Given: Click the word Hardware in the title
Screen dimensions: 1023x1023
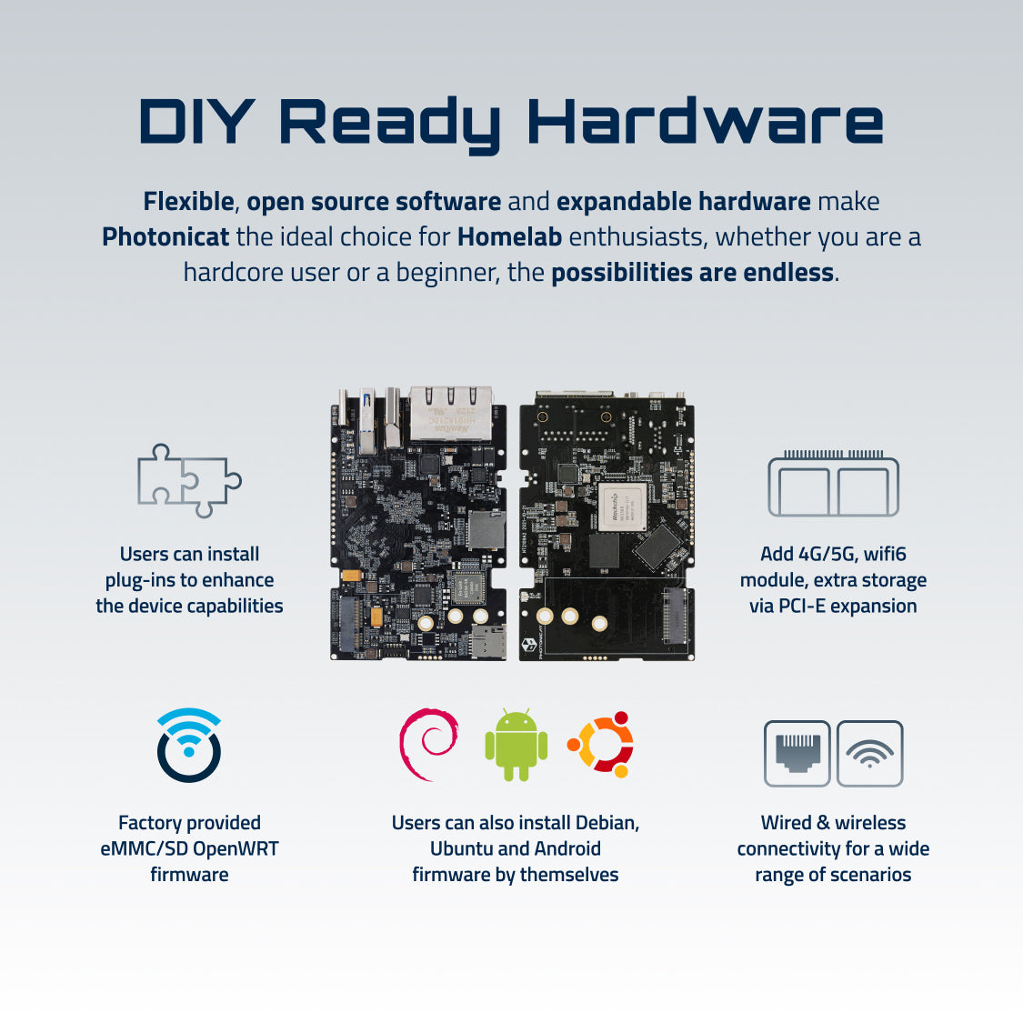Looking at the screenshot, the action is tap(706, 121).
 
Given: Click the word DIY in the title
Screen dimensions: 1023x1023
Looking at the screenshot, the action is tap(196, 121).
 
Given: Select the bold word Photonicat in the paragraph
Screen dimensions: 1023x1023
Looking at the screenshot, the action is tap(165, 236).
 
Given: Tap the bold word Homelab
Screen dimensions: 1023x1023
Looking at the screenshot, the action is tap(509, 236).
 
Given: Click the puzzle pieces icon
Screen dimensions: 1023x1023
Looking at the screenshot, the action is tap(189, 480).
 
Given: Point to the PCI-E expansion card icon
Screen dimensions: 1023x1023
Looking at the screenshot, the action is tap(833, 484).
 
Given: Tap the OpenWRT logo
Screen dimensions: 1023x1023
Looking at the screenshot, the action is tap(189, 745).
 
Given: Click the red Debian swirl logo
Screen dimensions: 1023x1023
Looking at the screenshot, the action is tap(428, 745).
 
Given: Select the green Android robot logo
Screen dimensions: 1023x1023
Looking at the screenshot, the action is tap(517, 745).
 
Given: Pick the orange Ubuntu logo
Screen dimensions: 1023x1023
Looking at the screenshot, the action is tap(601, 745).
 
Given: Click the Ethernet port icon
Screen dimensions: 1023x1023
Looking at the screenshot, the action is tap(797, 754).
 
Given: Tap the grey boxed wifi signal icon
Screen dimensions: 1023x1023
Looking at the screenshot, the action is tap(869, 754).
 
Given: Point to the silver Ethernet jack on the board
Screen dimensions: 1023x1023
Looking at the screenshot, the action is tap(450, 414).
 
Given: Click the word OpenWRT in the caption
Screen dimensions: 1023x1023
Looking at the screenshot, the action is tap(236, 848).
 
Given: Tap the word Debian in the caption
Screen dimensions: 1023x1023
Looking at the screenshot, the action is tap(602, 823).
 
